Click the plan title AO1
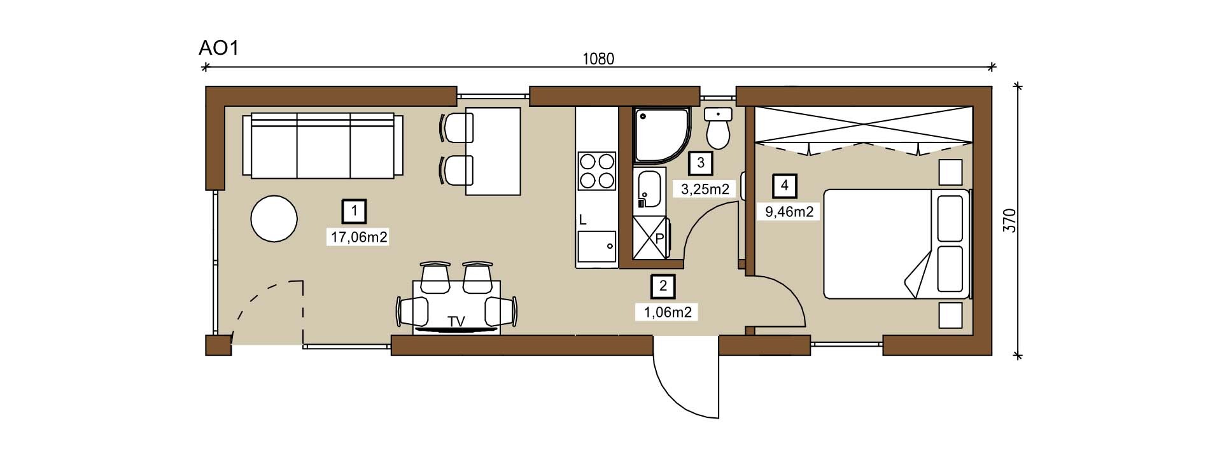tap(218, 48)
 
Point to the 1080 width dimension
tap(598, 59)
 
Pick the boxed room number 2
tap(663, 286)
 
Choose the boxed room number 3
tap(701, 163)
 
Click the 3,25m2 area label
tap(705, 189)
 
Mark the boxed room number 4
tap(785, 186)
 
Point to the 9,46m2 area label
tap(789, 212)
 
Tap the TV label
tap(456, 322)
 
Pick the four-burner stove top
tap(596, 171)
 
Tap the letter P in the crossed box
tap(659, 238)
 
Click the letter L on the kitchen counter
tap(582, 221)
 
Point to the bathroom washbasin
tap(649, 189)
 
